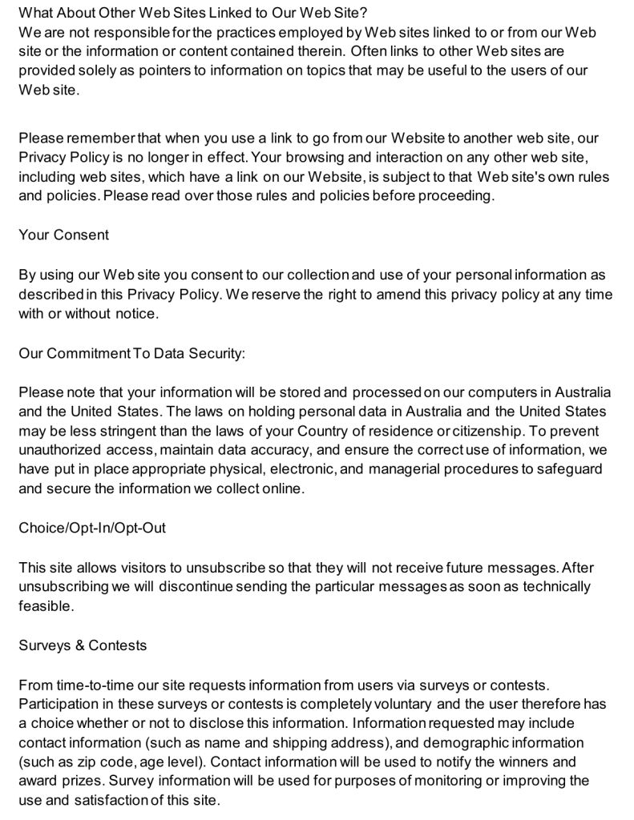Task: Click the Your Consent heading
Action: coord(64,235)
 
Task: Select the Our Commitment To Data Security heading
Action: coord(131,353)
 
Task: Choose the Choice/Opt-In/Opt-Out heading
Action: coord(92,529)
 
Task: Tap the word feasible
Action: coord(46,606)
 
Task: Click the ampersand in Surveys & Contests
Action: coord(80,645)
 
